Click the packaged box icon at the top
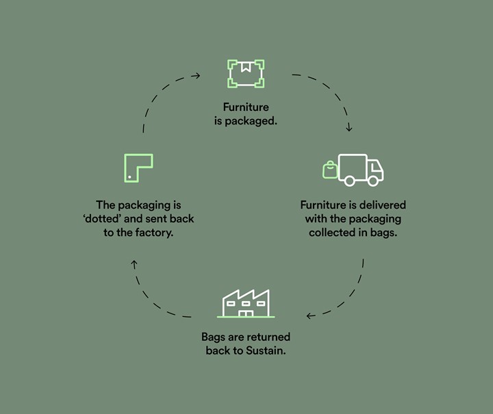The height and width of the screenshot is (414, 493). [246, 73]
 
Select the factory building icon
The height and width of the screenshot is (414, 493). [246, 303]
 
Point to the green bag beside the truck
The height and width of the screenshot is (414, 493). [330, 170]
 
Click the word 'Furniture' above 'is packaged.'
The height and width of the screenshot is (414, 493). [246, 107]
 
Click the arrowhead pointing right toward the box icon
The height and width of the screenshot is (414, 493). [197, 75]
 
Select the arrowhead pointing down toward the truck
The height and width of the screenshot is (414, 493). [349, 128]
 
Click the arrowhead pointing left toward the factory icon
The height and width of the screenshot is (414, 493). [309, 315]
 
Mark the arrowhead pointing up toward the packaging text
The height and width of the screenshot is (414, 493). [134, 263]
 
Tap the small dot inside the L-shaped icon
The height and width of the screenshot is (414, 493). [130, 177]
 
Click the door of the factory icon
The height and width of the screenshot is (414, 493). [245, 313]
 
